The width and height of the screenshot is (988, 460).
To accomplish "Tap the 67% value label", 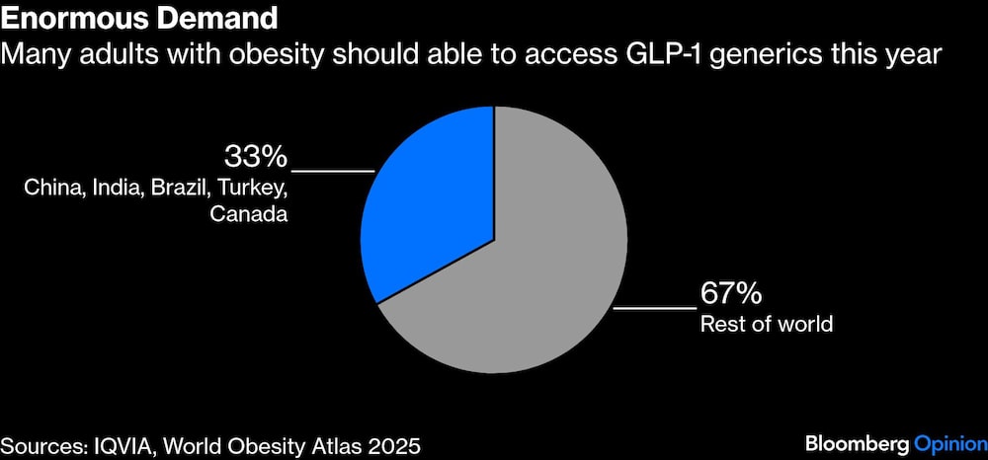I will pyautogui.click(x=730, y=293).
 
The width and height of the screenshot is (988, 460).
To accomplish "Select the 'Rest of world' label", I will pyautogui.click(x=767, y=323).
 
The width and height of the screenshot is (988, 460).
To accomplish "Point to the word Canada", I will pyautogui.click(x=248, y=213).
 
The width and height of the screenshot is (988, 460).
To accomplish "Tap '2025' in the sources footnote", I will pyautogui.click(x=395, y=445).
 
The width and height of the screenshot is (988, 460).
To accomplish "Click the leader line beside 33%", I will pyautogui.click(x=332, y=172).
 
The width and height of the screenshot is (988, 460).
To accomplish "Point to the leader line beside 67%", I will pyautogui.click(x=654, y=309).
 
